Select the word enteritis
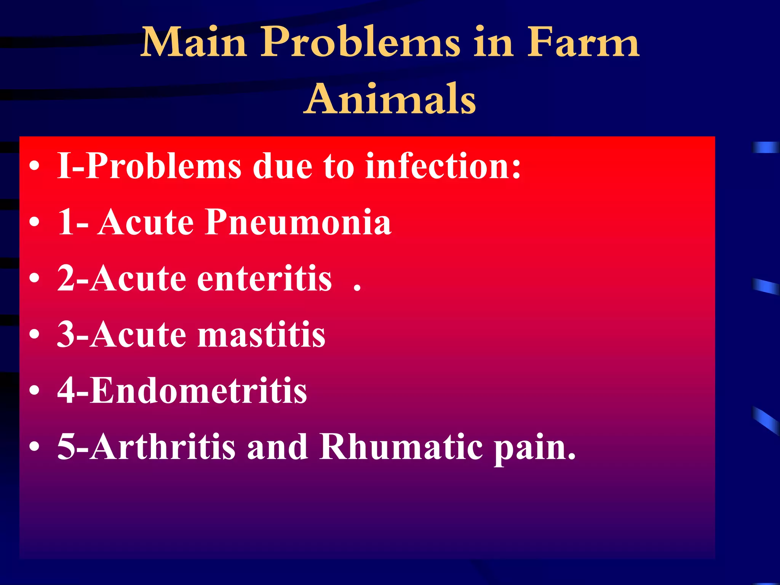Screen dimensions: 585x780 tap(264, 279)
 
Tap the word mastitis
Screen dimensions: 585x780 tap(261, 335)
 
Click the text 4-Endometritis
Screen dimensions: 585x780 tap(182, 391)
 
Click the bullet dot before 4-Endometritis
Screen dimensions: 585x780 tap(34, 392)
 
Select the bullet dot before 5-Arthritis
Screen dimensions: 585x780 tap(34, 447)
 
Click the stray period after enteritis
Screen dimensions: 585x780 tap(357, 289)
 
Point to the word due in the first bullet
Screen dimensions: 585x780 tap(282, 166)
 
